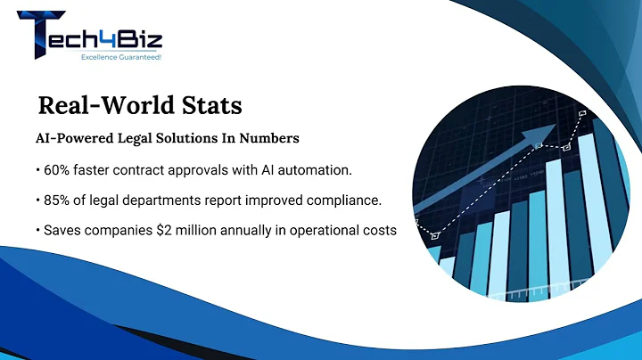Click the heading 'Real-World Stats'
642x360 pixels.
tap(139, 105)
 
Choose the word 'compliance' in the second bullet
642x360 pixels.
tap(351, 200)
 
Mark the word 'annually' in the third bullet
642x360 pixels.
tap(250, 230)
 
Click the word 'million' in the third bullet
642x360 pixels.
tap(197, 230)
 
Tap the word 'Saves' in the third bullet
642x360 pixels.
tap(57, 230)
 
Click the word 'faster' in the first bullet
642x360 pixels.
tap(101, 169)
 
